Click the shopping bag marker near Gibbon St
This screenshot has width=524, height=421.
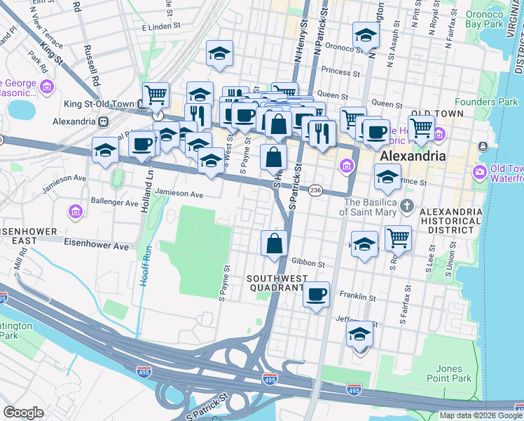(275, 244)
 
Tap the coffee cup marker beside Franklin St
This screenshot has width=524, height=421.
(316, 294)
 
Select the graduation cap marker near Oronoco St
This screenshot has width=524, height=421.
(365, 36)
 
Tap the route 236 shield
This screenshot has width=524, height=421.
(316, 190)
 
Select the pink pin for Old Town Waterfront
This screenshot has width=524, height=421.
(480, 171)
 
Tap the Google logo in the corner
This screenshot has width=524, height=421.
(23, 412)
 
